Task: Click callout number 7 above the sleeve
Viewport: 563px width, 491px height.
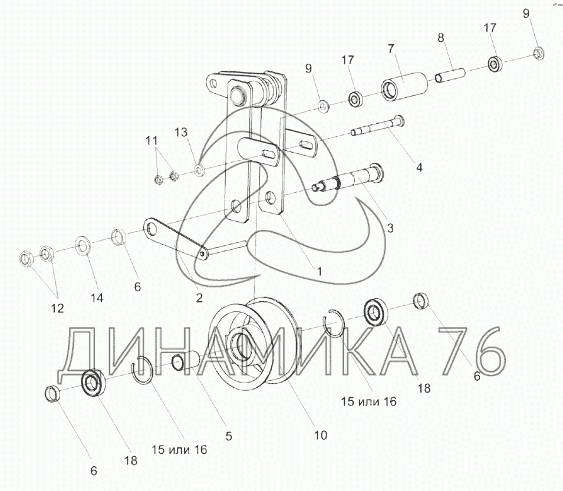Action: [391, 48]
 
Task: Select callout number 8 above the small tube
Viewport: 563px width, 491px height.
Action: [440, 38]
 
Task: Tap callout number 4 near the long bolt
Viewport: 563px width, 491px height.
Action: [419, 167]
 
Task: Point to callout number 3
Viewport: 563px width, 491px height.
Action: [390, 228]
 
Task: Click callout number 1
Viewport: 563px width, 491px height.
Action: [319, 271]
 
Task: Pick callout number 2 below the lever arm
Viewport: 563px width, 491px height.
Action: [199, 298]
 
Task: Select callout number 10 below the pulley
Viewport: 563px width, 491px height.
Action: [321, 436]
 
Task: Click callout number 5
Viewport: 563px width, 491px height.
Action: [229, 436]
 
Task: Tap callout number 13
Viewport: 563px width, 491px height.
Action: [181, 133]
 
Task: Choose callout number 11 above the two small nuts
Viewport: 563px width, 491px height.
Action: [152, 140]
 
